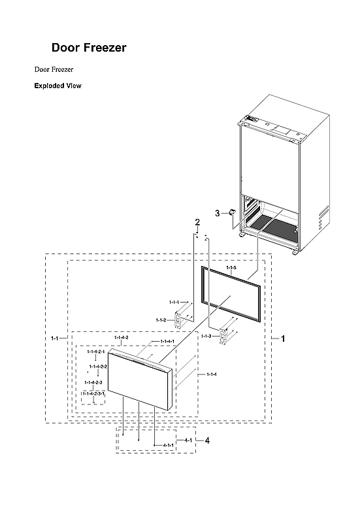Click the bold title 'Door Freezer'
(89, 48)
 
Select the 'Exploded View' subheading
(57, 86)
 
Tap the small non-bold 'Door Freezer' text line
(54, 69)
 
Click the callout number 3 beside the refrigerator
(217, 213)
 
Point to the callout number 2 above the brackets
(197, 224)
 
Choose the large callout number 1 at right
(283, 338)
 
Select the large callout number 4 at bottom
(207, 441)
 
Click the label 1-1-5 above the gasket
(231, 269)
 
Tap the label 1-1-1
(174, 303)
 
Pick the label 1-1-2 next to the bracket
(161, 320)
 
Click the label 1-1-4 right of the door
(212, 374)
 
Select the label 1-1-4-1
(167, 342)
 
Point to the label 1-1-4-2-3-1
(93, 394)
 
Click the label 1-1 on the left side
(55, 338)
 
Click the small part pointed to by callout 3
(231, 212)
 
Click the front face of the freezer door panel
(138, 385)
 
